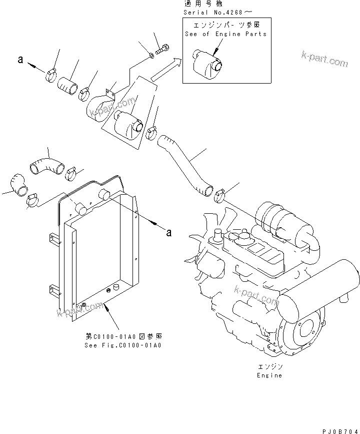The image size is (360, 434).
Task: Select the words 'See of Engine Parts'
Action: click(x=225, y=34)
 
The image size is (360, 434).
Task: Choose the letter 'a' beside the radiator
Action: click(x=168, y=232)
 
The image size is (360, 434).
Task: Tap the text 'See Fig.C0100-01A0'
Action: click(x=122, y=345)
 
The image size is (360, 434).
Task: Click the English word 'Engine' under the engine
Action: click(x=269, y=375)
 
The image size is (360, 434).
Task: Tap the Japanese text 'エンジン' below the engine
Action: click(x=269, y=367)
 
